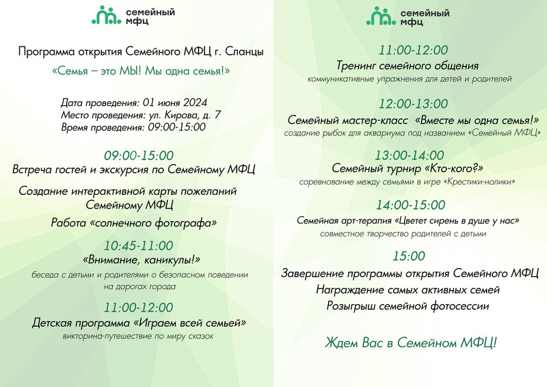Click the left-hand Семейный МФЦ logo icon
(107, 15)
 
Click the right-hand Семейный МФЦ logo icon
(381, 16)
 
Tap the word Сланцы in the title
(244, 52)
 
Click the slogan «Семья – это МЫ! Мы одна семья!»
(141, 71)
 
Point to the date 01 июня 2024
(175, 103)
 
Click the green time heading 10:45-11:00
(139, 245)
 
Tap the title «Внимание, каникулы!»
(142, 260)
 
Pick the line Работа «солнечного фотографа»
(134, 223)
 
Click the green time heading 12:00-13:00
(414, 104)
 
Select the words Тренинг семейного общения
(408, 66)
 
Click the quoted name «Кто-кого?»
(454, 168)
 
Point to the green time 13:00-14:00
(409, 155)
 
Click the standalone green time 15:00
(409, 256)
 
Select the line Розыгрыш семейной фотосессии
(408, 306)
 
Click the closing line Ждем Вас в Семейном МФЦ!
(411, 343)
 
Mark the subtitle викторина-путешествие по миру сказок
(138, 336)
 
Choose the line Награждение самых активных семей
(408, 290)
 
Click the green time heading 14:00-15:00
(411, 205)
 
